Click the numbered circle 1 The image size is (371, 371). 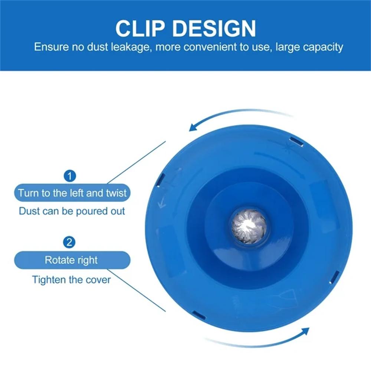tap(69, 175)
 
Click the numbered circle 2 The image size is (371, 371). tap(69, 243)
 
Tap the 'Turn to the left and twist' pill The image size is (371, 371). tap(72, 193)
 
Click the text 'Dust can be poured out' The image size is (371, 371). tap(72, 211)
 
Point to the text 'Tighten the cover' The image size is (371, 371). tap(71, 279)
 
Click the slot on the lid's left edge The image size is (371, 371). tap(161, 180)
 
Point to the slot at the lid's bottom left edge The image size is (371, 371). tap(199, 315)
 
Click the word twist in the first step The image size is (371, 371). tap(116, 193)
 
